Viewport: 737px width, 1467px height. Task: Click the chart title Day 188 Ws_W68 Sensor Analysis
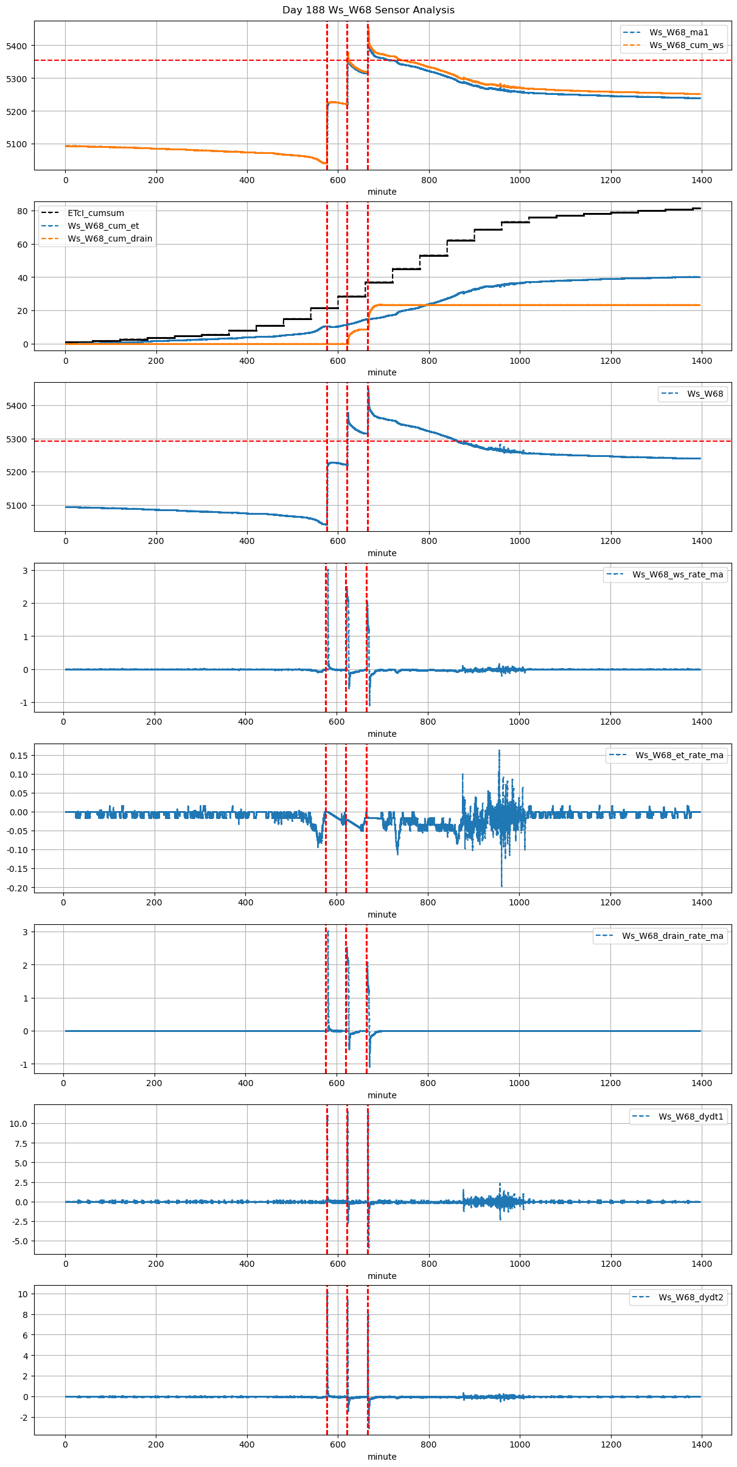pyautogui.click(x=368, y=10)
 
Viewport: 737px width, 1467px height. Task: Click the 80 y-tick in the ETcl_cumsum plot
pyautogui.click(x=23, y=211)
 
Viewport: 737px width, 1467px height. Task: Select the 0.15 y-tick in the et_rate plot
pyautogui.click(x=18, y=755)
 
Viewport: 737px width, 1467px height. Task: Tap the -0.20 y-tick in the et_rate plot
pyautogui.click(x=17, y=888)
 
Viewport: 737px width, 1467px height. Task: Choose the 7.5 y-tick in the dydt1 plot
pyautogui.click(x=20, y=1143)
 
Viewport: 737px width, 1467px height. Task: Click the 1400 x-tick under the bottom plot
pyautogui.click(x=702, y=1444)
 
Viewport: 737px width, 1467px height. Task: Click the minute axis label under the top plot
pyautogui.click(x=382, y=192)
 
